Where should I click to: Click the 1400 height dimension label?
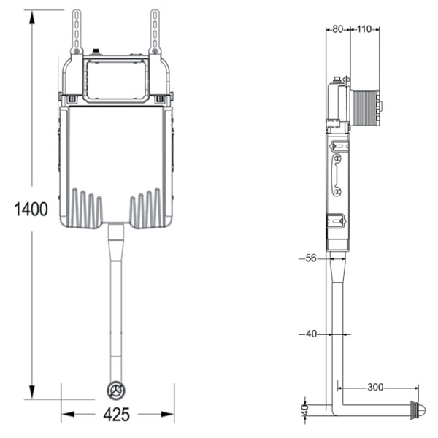click(x=31, y=209)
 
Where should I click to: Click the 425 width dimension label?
click(x=117, y=415)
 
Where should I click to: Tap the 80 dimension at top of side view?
click(x=338, y=29)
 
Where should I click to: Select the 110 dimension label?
click(x=364, y=29)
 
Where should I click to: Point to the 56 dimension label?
click(x=311, y=258)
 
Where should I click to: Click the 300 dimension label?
click(x=375, y=388)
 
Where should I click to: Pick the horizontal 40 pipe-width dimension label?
click(x=312, y=334)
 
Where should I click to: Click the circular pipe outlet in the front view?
click(x=116, y=390)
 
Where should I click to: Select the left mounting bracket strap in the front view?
click(x=77, y=32)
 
